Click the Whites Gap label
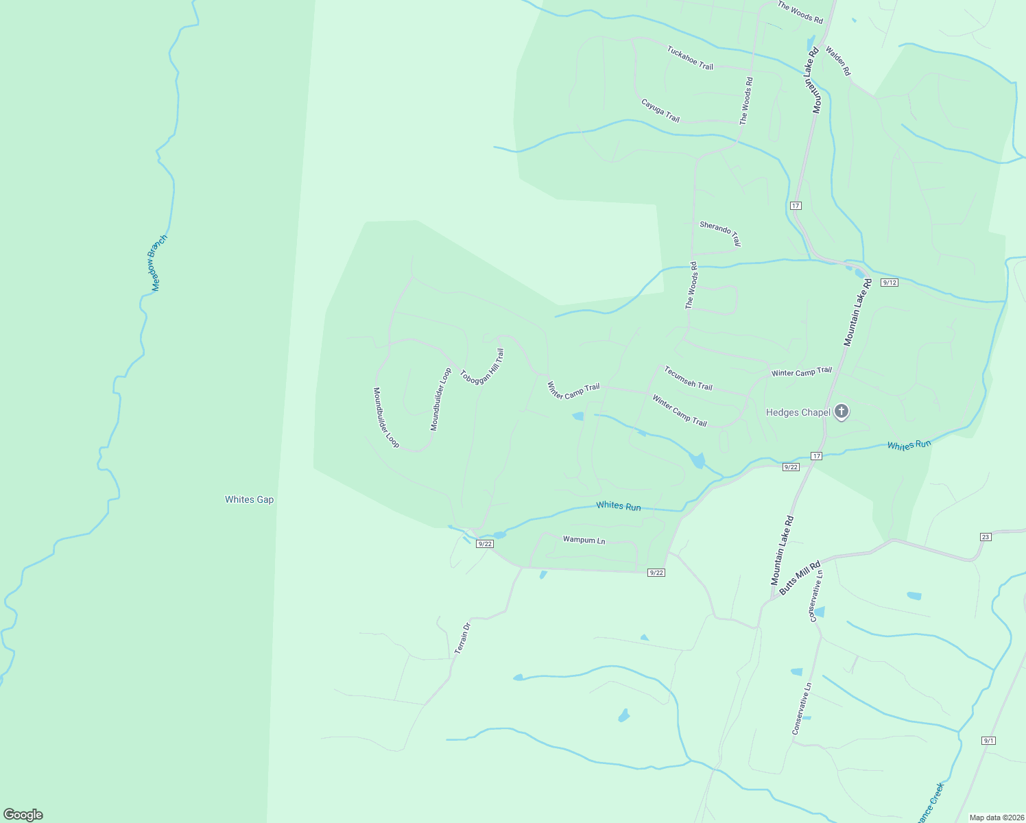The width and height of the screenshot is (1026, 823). point(249,499)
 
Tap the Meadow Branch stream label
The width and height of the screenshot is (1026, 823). point(158,263)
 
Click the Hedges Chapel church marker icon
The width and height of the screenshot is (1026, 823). point(842,411)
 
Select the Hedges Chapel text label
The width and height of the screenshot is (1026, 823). point(798,412)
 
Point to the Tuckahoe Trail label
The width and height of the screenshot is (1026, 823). point(690,58)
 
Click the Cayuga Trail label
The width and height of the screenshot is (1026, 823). point(660,110)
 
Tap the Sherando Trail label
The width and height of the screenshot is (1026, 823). point(720,233)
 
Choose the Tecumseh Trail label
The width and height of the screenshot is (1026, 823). point(688,378)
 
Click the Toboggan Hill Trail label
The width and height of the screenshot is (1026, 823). point(482,367)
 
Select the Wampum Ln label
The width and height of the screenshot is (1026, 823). point(584,540)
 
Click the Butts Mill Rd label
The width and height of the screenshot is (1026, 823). point(800,577)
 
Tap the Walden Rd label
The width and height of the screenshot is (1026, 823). point(837,60)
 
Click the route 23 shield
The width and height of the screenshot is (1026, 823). point(986,537)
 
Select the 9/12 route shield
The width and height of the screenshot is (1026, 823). point(889,283)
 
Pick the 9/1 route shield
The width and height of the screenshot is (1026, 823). point(988,741)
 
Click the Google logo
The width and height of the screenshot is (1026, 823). point(23,815)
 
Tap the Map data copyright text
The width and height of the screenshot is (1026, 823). point(996,818)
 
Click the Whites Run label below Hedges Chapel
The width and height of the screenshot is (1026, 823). point(909,445)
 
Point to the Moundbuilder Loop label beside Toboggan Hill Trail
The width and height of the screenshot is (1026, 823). point(441,399)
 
